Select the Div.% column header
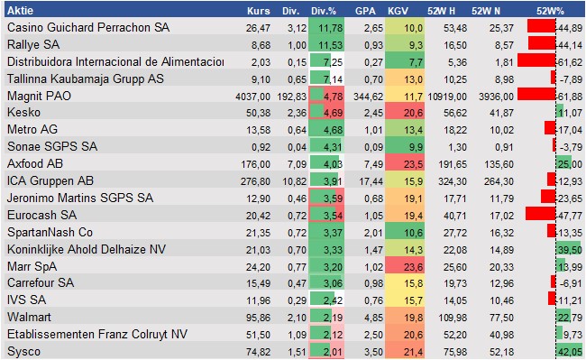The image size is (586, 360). point(324,11)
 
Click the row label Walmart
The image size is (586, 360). point(28,318)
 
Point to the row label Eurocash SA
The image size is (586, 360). point(40,215)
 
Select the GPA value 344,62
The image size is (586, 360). point(359,96)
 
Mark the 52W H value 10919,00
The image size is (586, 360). point(444,96)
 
